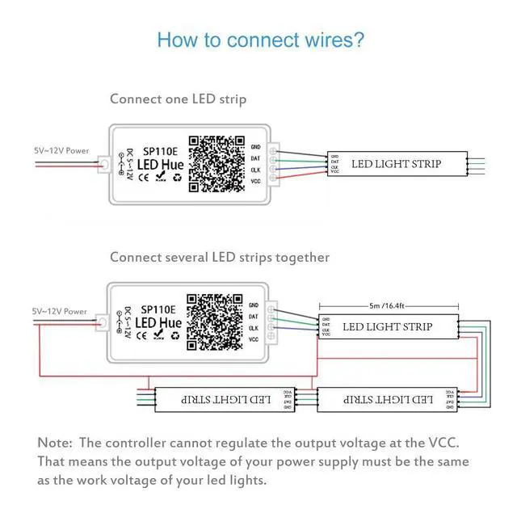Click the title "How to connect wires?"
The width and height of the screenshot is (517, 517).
click(x=260, y=40)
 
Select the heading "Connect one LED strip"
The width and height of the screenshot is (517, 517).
click(x=178, y=99)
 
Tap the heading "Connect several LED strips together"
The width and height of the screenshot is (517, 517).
click(x=220, y=257)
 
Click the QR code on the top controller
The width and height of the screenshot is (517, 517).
click(x=216, y=163)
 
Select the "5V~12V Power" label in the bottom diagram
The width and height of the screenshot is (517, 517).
click(x=59, y=311)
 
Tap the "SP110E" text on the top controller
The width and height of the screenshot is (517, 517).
click(x=161, y=150)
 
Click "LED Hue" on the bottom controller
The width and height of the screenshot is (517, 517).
click(x=158, y=323)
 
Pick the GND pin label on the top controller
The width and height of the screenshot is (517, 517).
click(x=255, y=146)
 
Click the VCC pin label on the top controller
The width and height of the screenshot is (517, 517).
click(x=255, y=182)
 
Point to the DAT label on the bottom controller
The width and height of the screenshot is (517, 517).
click(x=254, y=317)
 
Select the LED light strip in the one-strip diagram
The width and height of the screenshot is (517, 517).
click(x=396, y=164)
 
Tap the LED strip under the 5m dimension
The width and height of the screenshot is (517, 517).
click(x=388, y=327)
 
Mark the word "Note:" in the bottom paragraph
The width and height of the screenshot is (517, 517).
click(x=56, y=443)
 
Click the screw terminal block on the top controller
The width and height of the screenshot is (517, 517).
click(x=275, y=164)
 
